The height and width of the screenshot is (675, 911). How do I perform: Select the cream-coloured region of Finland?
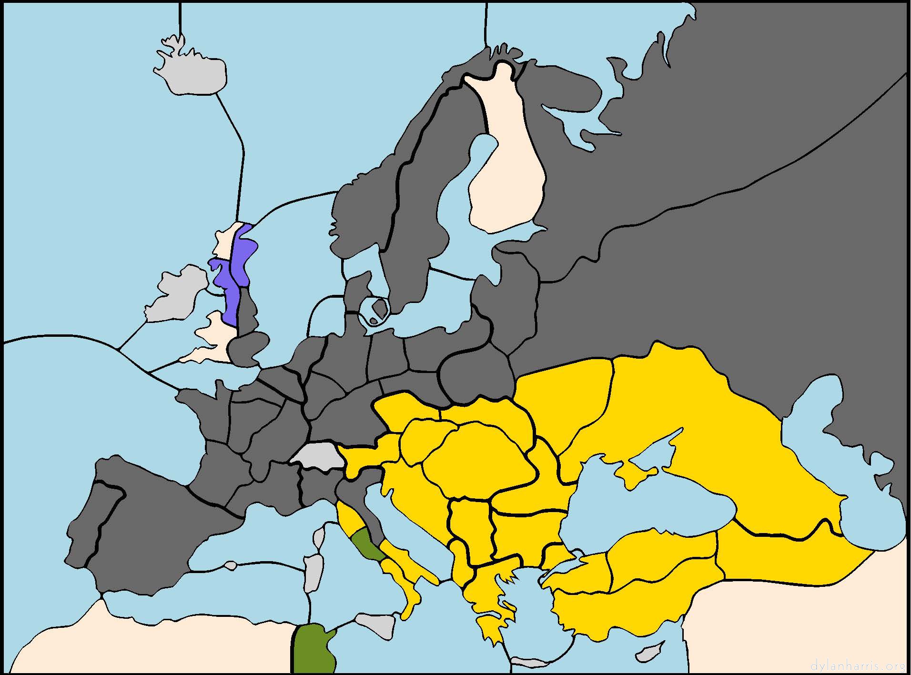[505, 181]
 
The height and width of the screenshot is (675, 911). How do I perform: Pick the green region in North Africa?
[312, 648]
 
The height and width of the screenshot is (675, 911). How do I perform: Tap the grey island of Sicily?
[376, 622]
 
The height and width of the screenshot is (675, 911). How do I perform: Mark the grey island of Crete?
[526, 662]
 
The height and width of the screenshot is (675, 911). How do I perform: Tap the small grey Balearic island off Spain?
[231, 565]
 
